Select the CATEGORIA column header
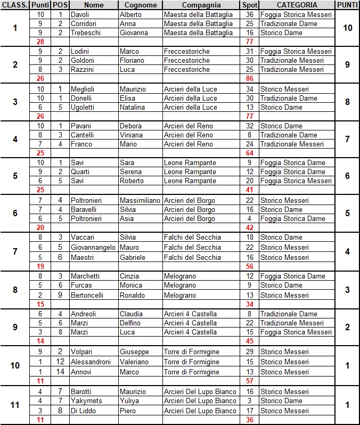296,5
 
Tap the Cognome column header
141,5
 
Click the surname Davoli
80,14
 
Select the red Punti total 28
40,42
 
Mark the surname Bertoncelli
88,295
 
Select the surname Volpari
83,352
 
